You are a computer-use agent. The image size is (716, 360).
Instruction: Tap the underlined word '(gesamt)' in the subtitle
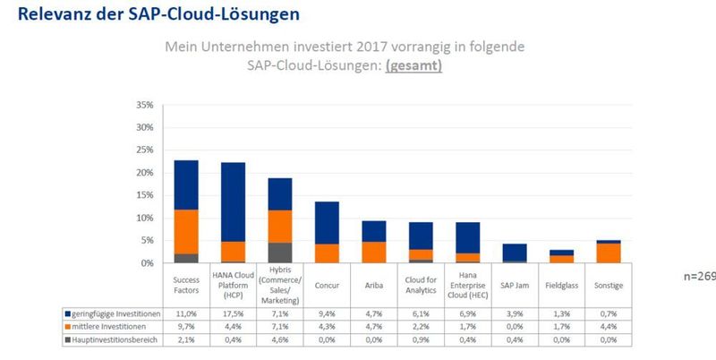[413, 65]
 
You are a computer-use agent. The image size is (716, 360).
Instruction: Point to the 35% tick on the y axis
[143, 105]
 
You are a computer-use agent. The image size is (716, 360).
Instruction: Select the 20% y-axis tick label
[143, 173]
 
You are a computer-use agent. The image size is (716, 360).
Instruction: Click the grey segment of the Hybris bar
[279, 253]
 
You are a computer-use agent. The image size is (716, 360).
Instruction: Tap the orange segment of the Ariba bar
[373, 252]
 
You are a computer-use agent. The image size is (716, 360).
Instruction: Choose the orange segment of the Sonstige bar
[608, 253]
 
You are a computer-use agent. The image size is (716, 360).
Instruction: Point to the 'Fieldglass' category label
[560, 285]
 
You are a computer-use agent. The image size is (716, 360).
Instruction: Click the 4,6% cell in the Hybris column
[279, 340]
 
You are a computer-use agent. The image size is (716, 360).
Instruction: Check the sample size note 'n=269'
[699, 277]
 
